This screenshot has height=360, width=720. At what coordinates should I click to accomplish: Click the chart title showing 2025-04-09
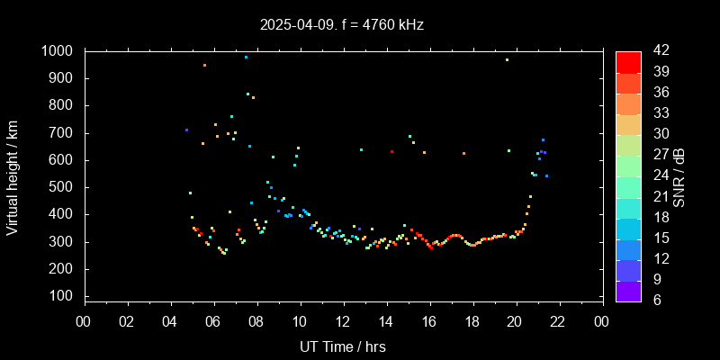click(342, 24)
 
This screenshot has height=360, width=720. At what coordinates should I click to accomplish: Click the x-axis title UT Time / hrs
click(343, 346)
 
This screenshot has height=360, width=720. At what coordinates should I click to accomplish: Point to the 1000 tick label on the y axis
click(59, 51)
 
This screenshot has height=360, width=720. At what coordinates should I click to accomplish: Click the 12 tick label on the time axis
click(343, 322)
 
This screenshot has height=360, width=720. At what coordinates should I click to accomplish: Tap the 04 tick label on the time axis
click(171, 322)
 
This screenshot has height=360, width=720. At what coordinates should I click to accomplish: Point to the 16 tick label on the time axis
click(429, 322)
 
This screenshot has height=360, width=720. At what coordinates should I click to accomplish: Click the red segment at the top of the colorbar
click(628, 61)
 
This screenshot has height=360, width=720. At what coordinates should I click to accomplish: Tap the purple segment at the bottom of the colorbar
click(628, 291)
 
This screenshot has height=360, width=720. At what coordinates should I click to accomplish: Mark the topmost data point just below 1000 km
click(246, 57)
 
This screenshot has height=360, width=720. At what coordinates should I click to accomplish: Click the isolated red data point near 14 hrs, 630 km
click(391, 151)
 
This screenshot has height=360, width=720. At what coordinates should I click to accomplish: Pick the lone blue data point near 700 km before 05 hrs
click(186, 130)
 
